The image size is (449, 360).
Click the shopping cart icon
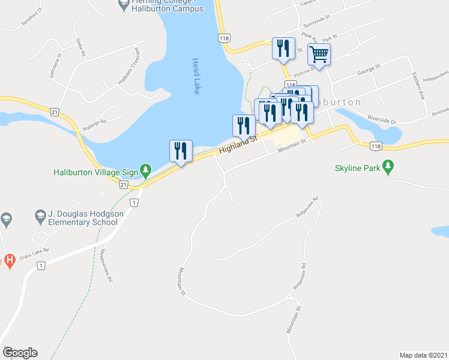(319, 55)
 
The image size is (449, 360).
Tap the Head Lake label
(196, 76)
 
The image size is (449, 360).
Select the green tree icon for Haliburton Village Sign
(145, 170)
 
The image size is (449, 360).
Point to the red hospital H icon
(9, 260)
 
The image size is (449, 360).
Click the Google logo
(19, 353)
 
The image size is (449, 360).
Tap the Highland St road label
(238, 144)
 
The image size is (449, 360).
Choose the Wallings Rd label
(94, 122)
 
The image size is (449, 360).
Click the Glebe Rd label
(79, 47)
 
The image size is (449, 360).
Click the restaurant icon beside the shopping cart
(282, 48)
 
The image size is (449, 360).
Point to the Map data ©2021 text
(423, 355)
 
